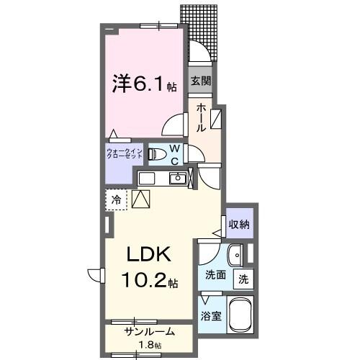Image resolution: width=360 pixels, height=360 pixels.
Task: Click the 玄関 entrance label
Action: pos(199,81)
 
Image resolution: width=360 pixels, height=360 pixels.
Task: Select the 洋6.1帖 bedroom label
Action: pos(143,85)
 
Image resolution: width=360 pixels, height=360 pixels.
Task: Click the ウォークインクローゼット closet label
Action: pos(123,154)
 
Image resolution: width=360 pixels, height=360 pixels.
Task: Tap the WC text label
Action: pos(175,155)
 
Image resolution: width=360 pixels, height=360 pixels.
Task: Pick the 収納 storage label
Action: pos(239,224)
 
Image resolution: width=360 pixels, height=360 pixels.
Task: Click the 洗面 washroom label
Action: pos(215,274)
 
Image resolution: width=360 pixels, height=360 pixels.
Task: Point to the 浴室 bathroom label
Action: pos(211,315)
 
